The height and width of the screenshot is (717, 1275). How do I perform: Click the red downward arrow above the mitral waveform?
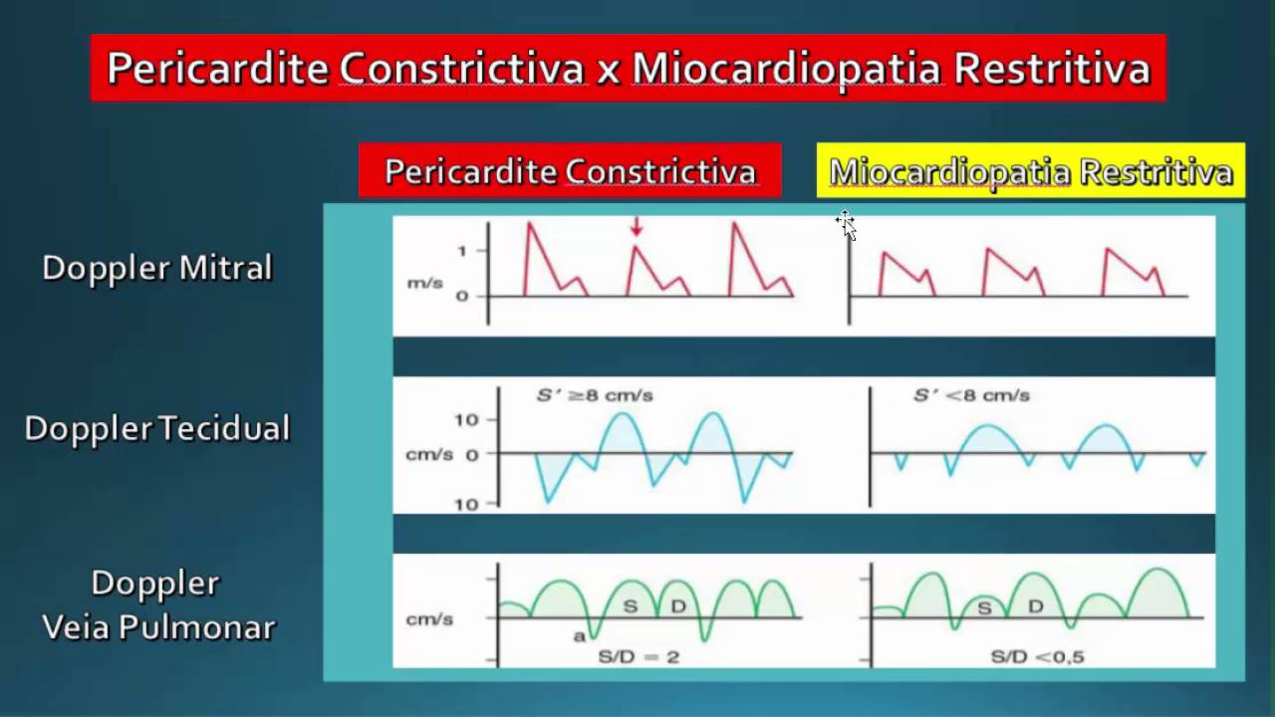click(636, 228)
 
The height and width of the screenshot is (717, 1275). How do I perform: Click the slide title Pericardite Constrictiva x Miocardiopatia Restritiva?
click(628, 69)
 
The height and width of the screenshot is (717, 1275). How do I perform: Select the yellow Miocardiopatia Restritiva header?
click(1031, 171)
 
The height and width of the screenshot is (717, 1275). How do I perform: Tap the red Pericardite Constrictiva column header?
click(570, 171)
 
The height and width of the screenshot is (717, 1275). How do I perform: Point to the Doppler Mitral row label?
click(156, 268)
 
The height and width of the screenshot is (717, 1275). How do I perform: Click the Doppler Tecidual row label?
click(156, 428)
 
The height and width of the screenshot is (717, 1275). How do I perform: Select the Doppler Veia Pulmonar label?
click(156, 604)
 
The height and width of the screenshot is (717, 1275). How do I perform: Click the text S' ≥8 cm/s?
click(595, 395)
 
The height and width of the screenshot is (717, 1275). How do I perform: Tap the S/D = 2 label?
click(637, 657)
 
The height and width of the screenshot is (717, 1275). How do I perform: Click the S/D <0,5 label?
click(1037, 657)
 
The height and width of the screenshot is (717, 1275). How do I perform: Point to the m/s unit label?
click(424, 284)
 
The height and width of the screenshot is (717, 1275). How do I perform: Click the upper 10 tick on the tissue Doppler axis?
click(466, 419)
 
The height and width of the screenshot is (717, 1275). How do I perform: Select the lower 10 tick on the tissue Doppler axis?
click(466, 504)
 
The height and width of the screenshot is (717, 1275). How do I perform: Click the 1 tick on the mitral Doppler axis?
click(461, 251)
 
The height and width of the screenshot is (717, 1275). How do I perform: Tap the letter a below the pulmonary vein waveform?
click(579, 635)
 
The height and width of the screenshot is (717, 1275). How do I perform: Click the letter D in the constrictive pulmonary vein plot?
click(678, 605)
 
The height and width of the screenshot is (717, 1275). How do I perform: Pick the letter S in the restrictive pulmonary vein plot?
click(984, 606)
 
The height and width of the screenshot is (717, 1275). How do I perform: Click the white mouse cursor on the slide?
click(846, 224)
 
